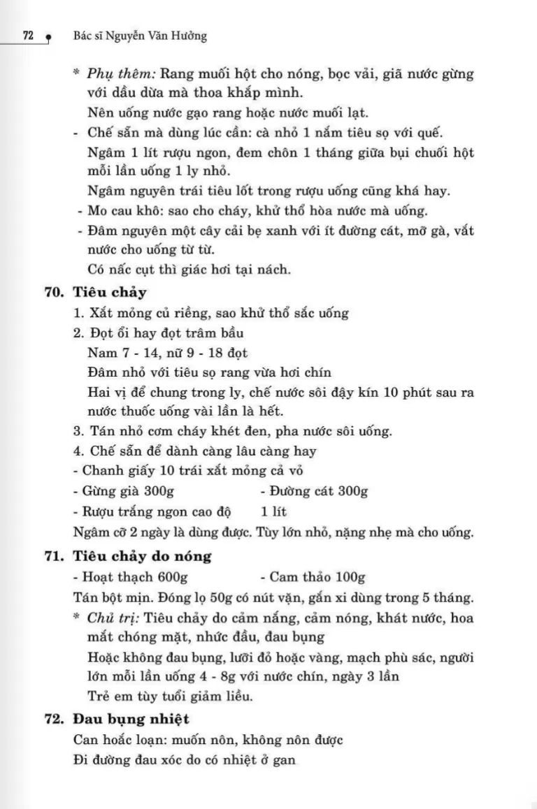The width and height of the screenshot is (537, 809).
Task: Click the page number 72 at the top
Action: pos(29,36)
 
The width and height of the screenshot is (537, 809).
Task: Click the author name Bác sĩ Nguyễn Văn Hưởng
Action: pos(140,36)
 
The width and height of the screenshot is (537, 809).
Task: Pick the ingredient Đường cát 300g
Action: pos(317,491)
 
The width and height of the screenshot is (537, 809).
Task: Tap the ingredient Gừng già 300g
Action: pos(122,491)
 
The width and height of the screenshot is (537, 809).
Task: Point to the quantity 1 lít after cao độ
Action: pos(273,511)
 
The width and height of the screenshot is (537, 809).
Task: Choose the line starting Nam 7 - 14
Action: pos(168,354)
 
